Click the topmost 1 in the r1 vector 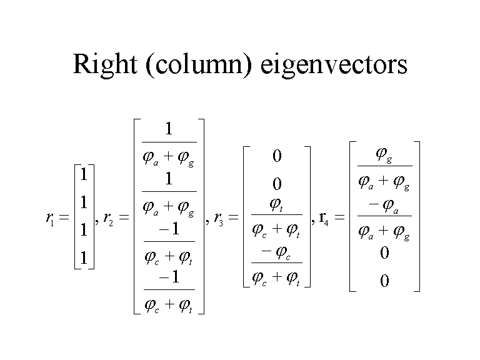83,174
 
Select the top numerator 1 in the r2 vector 169,130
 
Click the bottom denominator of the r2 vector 169,305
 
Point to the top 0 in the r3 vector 277,156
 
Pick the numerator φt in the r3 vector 276,204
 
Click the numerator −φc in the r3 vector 276,252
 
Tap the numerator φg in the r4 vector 384,154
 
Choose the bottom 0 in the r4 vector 384,281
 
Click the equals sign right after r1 64,218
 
